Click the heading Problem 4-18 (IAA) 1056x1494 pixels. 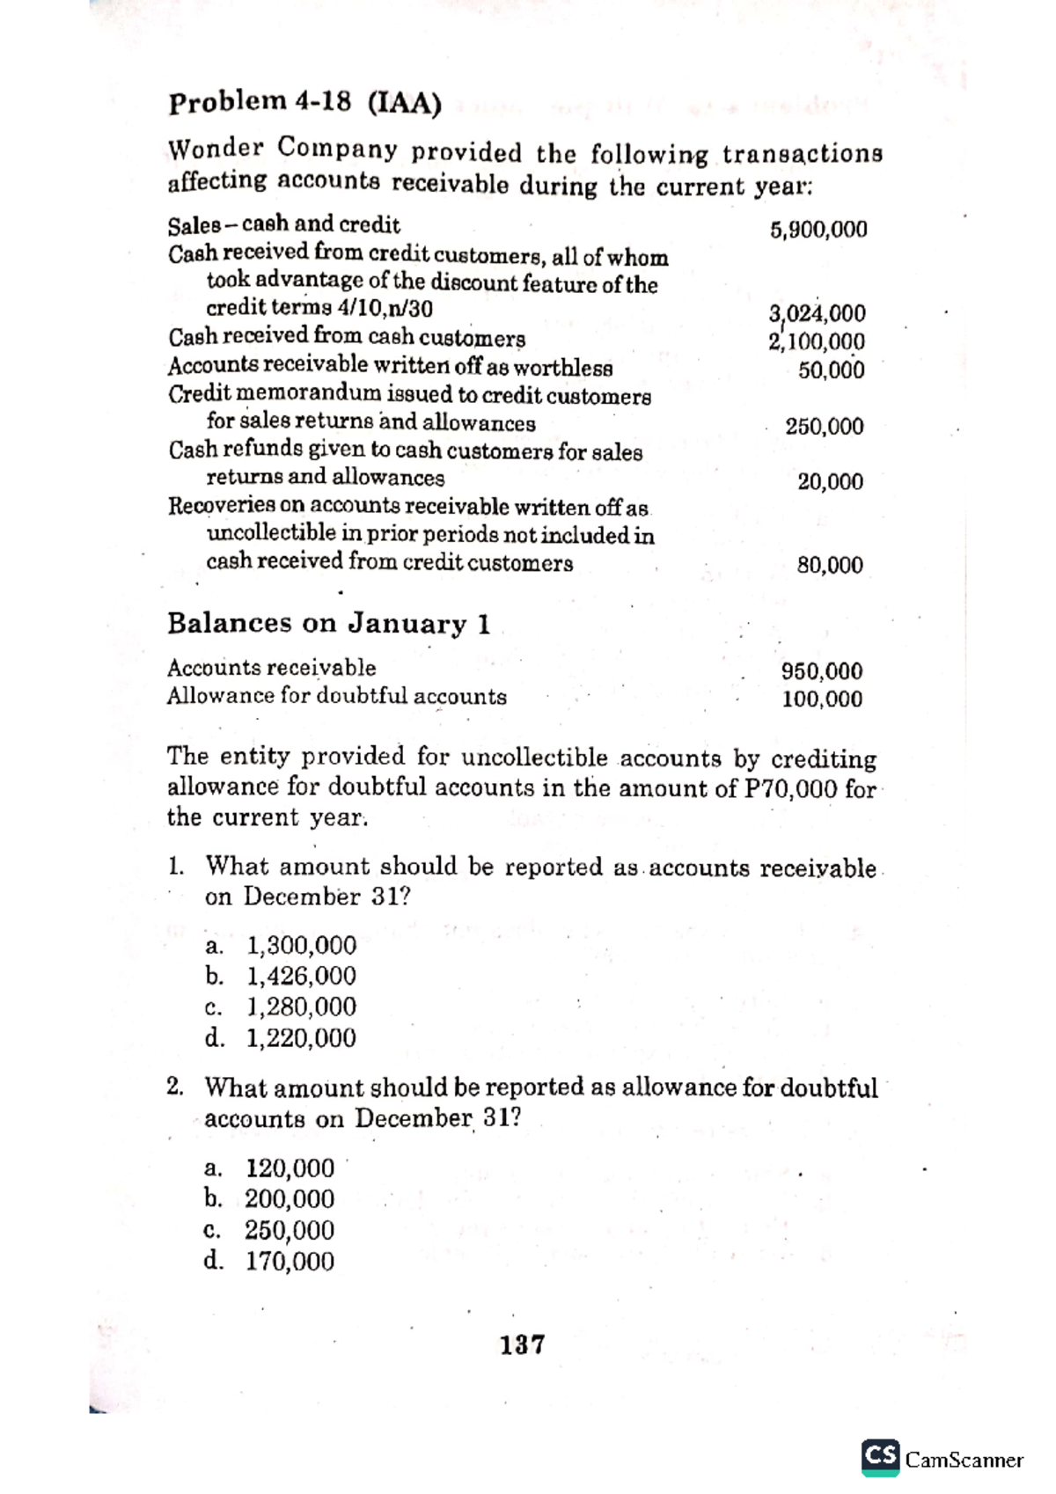coord(304,103)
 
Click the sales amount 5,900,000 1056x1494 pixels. coord(818,231)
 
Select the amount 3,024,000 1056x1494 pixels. coord(817,313)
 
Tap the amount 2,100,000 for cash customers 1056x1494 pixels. coord(816,341)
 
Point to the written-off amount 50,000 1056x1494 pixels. coord(831,370)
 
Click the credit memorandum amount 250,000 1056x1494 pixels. coord(825,427)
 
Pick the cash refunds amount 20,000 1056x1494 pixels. coord(830,482)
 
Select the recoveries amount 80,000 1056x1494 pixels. coord(830,566)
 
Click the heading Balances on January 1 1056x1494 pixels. coord(329,624)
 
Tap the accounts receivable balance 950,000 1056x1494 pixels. coord(822,671)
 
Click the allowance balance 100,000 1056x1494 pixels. coord(822,700)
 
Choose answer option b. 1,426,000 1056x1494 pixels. coord(282,976)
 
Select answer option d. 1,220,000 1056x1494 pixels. coord(282,1038)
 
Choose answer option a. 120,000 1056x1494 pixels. coord(270,1168)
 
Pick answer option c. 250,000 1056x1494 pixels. coord(270,1230)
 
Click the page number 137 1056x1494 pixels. coord(523,1344)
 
